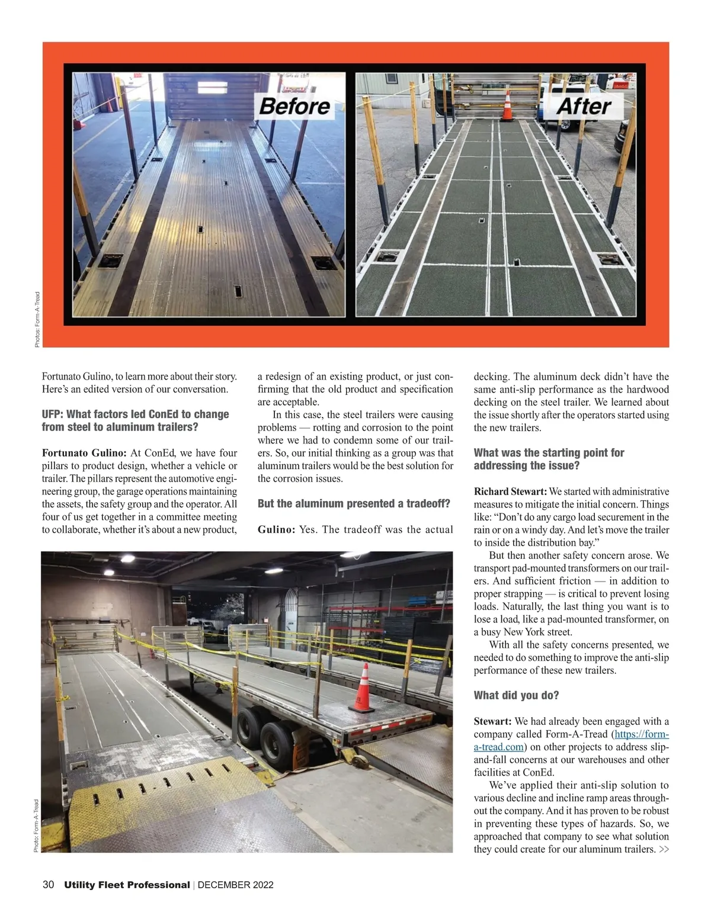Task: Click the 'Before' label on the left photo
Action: pos(294,107)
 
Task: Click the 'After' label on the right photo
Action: pos(584,107)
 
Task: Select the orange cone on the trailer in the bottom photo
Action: pos(362,688)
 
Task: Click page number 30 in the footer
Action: pos(49,885)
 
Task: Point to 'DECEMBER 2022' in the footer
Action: pos(235,885)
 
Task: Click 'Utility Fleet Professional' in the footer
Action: pos(127,885)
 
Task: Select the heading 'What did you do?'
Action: pos(516,695)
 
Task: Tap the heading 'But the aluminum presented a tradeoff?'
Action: pos(354,504)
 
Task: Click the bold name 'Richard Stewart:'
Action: pos(510,492)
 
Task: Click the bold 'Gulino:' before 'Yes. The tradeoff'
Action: pos(276,530)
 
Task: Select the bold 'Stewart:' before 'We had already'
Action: pos(492,721)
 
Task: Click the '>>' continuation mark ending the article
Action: pos(664,850)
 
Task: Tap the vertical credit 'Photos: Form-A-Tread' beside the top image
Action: pos(37,319)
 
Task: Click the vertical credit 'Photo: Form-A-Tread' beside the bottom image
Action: pos(36,826)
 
